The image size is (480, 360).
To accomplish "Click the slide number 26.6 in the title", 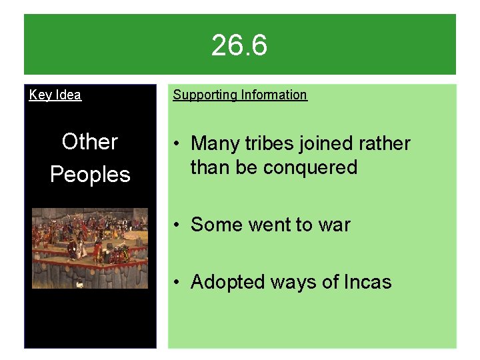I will coord(239,45).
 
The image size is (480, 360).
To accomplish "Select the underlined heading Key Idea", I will coord(55,95).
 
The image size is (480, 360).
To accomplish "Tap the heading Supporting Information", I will coord(240,95).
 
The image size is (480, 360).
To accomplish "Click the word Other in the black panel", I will coord(89,141).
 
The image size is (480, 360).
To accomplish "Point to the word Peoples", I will coord(90,175).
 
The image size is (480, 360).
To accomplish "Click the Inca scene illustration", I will coord(90,248).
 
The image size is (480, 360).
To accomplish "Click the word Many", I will coord(215,143).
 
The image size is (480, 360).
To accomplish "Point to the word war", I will coord(334,225).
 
